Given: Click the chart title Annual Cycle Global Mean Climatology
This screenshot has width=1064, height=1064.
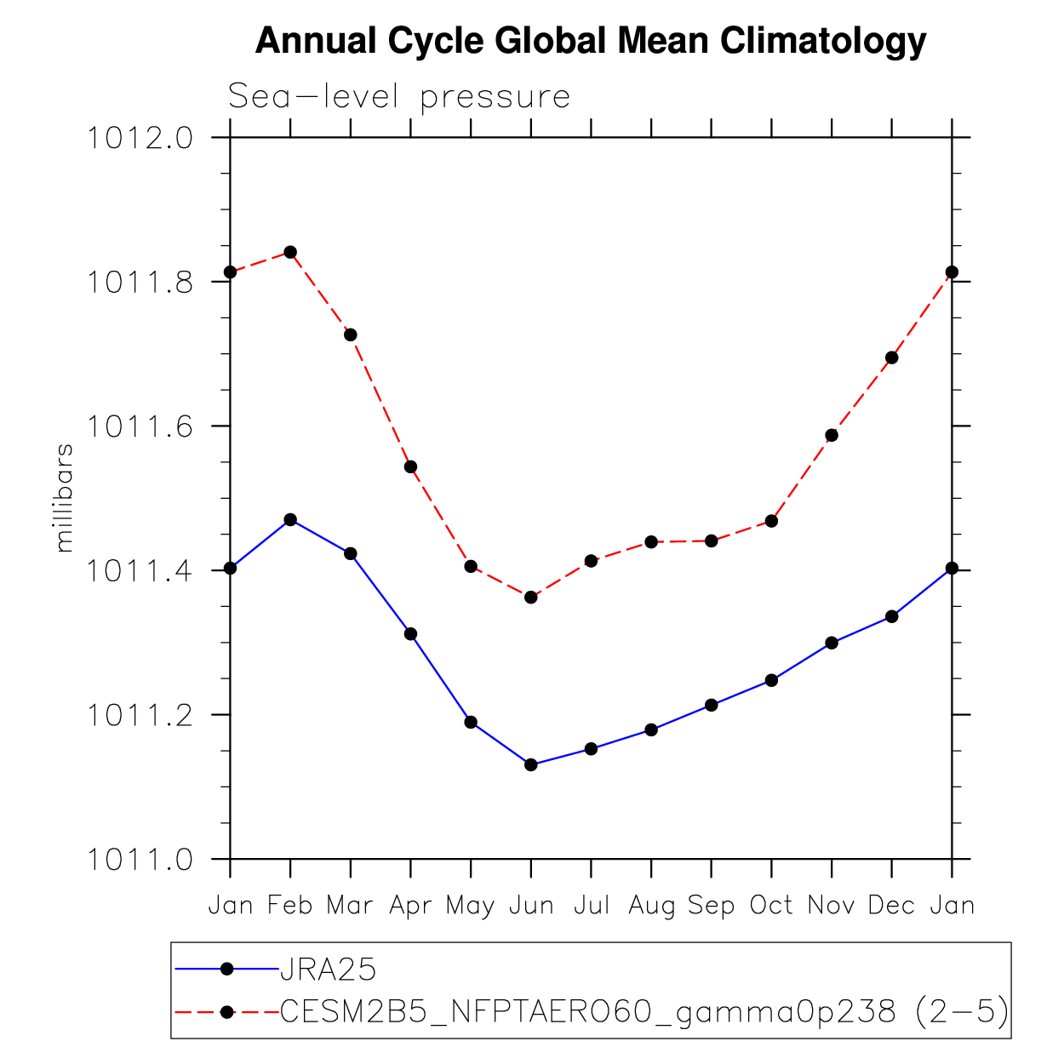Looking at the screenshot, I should click(x=590, y=40).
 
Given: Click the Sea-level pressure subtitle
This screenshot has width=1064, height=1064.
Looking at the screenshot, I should click(x=398, y=97).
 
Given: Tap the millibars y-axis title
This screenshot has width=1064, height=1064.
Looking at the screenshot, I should click(x=64, y=498).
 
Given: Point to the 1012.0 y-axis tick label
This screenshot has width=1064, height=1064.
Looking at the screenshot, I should click(x=140, y=138).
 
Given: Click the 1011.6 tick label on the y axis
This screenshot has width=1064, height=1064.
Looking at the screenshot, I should click(x=140, y=426).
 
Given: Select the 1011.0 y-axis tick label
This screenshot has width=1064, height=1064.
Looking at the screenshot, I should click(x=140, y=860).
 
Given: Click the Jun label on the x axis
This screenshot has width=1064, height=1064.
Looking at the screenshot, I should click(x=531, y=906).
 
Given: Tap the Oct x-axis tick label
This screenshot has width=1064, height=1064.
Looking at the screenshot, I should click(x=771, y=906).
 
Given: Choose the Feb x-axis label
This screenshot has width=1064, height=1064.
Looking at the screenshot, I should click(x=290, y=906).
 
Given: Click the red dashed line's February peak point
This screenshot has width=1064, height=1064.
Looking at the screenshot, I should click(x=290, y=252).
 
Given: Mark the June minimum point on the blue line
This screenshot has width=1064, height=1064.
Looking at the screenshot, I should click(x=531, y=764).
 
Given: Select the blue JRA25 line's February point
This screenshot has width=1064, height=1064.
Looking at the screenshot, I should click(x=290, y=519).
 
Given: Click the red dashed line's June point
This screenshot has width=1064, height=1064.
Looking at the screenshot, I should click(x=531, y=598).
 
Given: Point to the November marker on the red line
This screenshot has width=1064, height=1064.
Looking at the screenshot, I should click(x=832, y=435).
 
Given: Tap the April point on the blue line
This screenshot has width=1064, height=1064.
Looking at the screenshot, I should click(x=411, y=633).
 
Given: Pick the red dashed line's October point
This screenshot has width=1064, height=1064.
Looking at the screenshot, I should click(x=771, y=520).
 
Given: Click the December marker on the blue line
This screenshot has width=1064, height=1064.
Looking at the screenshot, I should click(x=892, y=616).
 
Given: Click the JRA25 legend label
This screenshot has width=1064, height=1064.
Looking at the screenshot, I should click(x=329, y=970).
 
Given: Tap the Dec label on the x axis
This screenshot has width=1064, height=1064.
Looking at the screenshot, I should click(x=892, y=906).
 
